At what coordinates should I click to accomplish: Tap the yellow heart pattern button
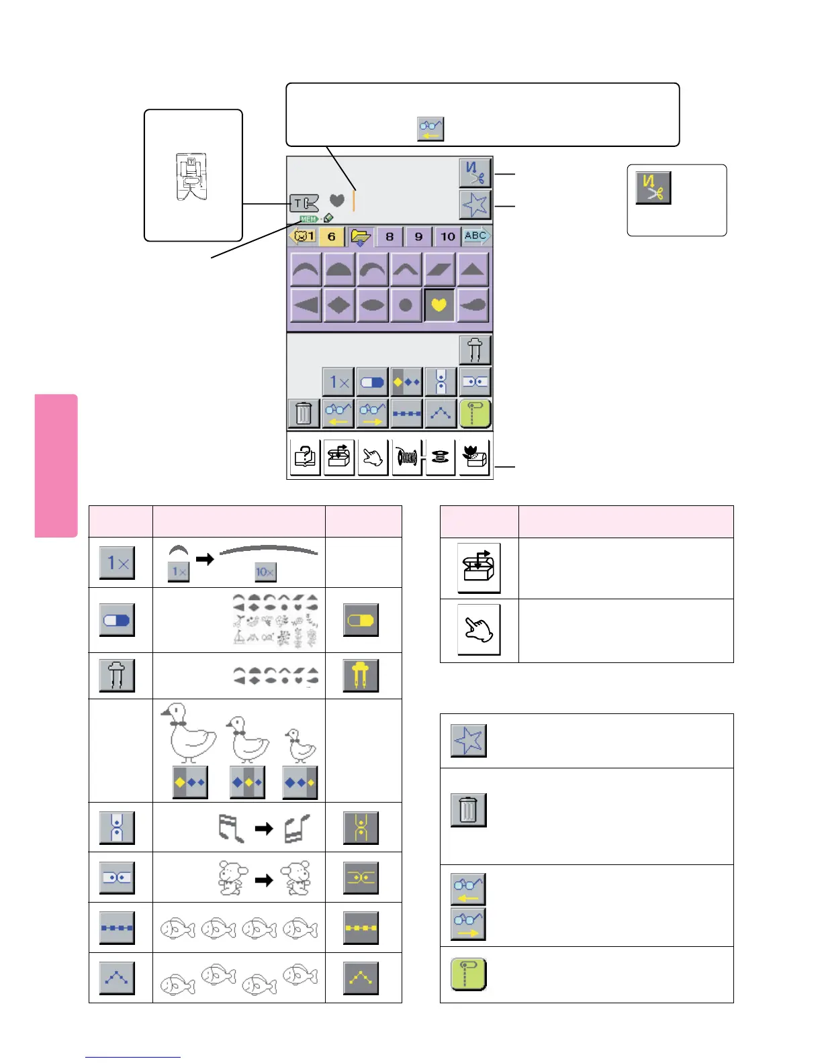coord(439,305)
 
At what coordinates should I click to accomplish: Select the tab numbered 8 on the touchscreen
coord(390,236)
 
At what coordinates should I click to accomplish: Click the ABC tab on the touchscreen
coord(476,236)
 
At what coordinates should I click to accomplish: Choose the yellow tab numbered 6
coord(331,236)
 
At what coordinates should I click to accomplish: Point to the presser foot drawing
coord(191,176)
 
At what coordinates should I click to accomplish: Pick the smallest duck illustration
coord(300,745)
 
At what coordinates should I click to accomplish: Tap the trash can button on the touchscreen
coord(304,413)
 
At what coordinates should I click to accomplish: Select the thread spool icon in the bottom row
coord(407,458)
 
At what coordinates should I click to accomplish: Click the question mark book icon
coord(306,458)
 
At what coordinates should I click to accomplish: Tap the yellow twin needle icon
coord(361,676)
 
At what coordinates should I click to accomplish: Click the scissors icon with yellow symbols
coord(653,187)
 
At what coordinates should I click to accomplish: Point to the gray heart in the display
coord(337,200)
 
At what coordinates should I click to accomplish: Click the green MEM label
coord(309,219)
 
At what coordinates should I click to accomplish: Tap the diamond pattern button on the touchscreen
coord(339,305)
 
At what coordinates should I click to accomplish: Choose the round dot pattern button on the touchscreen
coord(406,305)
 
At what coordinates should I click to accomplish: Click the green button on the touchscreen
coord(475,413)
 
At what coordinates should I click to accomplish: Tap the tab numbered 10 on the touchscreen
coord(448,236)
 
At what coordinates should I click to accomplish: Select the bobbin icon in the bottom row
coord(441,458)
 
